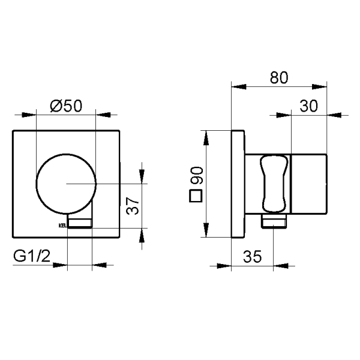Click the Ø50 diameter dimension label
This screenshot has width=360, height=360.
click(66, 106)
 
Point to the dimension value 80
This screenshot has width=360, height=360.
click(278, 78)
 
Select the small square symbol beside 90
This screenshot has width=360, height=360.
click(194, 196)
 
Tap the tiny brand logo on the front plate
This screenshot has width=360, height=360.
click(62, 226)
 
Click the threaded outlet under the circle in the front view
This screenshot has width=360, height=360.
click(80, 223)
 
